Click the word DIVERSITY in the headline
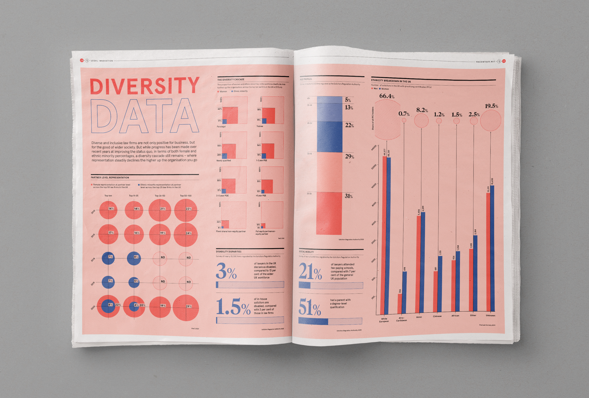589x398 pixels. click(144, 86)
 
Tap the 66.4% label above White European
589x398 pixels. click(387, 96)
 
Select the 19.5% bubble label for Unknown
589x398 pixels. click(491, 106)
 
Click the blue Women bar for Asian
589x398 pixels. click(423, 262)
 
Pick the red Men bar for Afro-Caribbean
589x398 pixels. click(400, 304)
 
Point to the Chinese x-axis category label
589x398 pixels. click(437, 316)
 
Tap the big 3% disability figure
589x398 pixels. click(226, 271)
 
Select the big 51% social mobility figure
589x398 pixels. click(310, 307)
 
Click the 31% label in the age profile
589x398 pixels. click(349, 196)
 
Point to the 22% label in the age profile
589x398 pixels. click(349, 125)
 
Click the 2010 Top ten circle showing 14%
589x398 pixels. click(108, 210)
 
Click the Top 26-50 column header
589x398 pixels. click(160, 196)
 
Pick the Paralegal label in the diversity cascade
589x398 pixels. click(221, 127)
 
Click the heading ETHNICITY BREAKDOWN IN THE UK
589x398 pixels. click(391, 81)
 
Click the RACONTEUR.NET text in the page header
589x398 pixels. click(485, 62)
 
